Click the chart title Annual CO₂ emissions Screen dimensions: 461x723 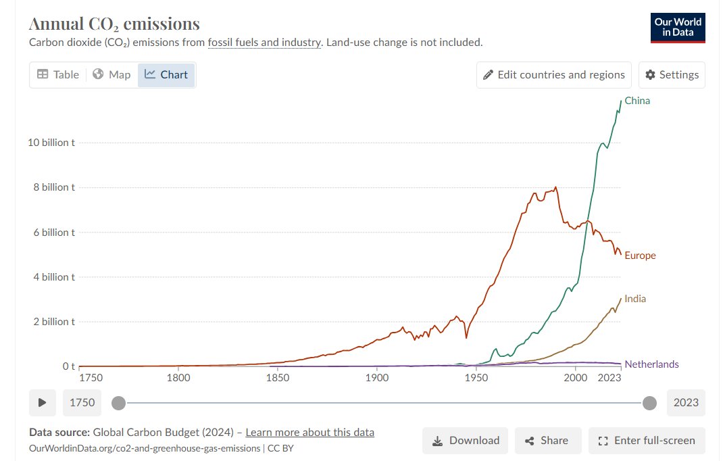point(114,24)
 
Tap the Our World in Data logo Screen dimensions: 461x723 point(678,28)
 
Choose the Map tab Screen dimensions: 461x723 point(111,74)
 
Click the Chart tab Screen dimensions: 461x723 point(166,74)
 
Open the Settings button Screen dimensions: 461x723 point(672,74)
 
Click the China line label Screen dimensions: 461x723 point(637,101)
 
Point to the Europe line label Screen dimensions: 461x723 point(640,256)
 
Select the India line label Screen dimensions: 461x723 point(635,299)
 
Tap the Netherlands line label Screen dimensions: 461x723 point(651,364)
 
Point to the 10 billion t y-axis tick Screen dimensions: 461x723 point(50,143)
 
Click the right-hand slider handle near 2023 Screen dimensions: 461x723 point(649,404)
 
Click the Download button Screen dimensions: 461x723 point(466,441)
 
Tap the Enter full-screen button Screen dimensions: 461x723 point(647,441)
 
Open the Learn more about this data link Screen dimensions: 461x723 point(309,433)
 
